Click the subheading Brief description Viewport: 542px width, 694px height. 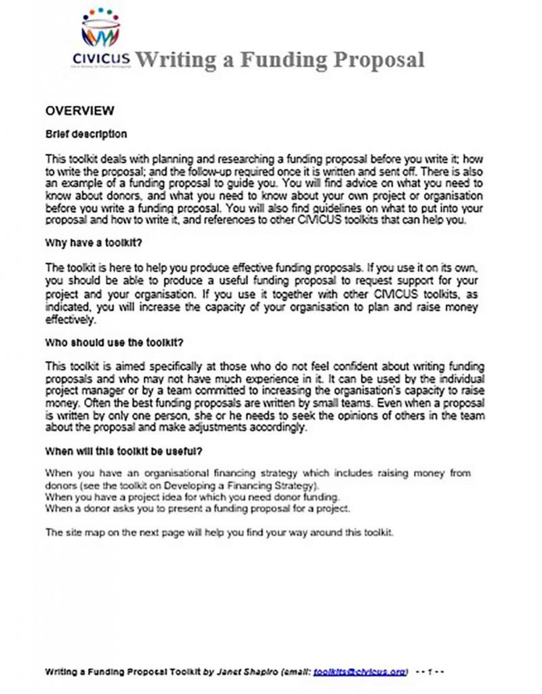coord(85,134)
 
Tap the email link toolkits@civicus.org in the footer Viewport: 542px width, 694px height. coord(361,672)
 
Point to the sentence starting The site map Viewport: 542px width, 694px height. coord(218,532)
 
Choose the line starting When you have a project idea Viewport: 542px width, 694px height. coord(192,497)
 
